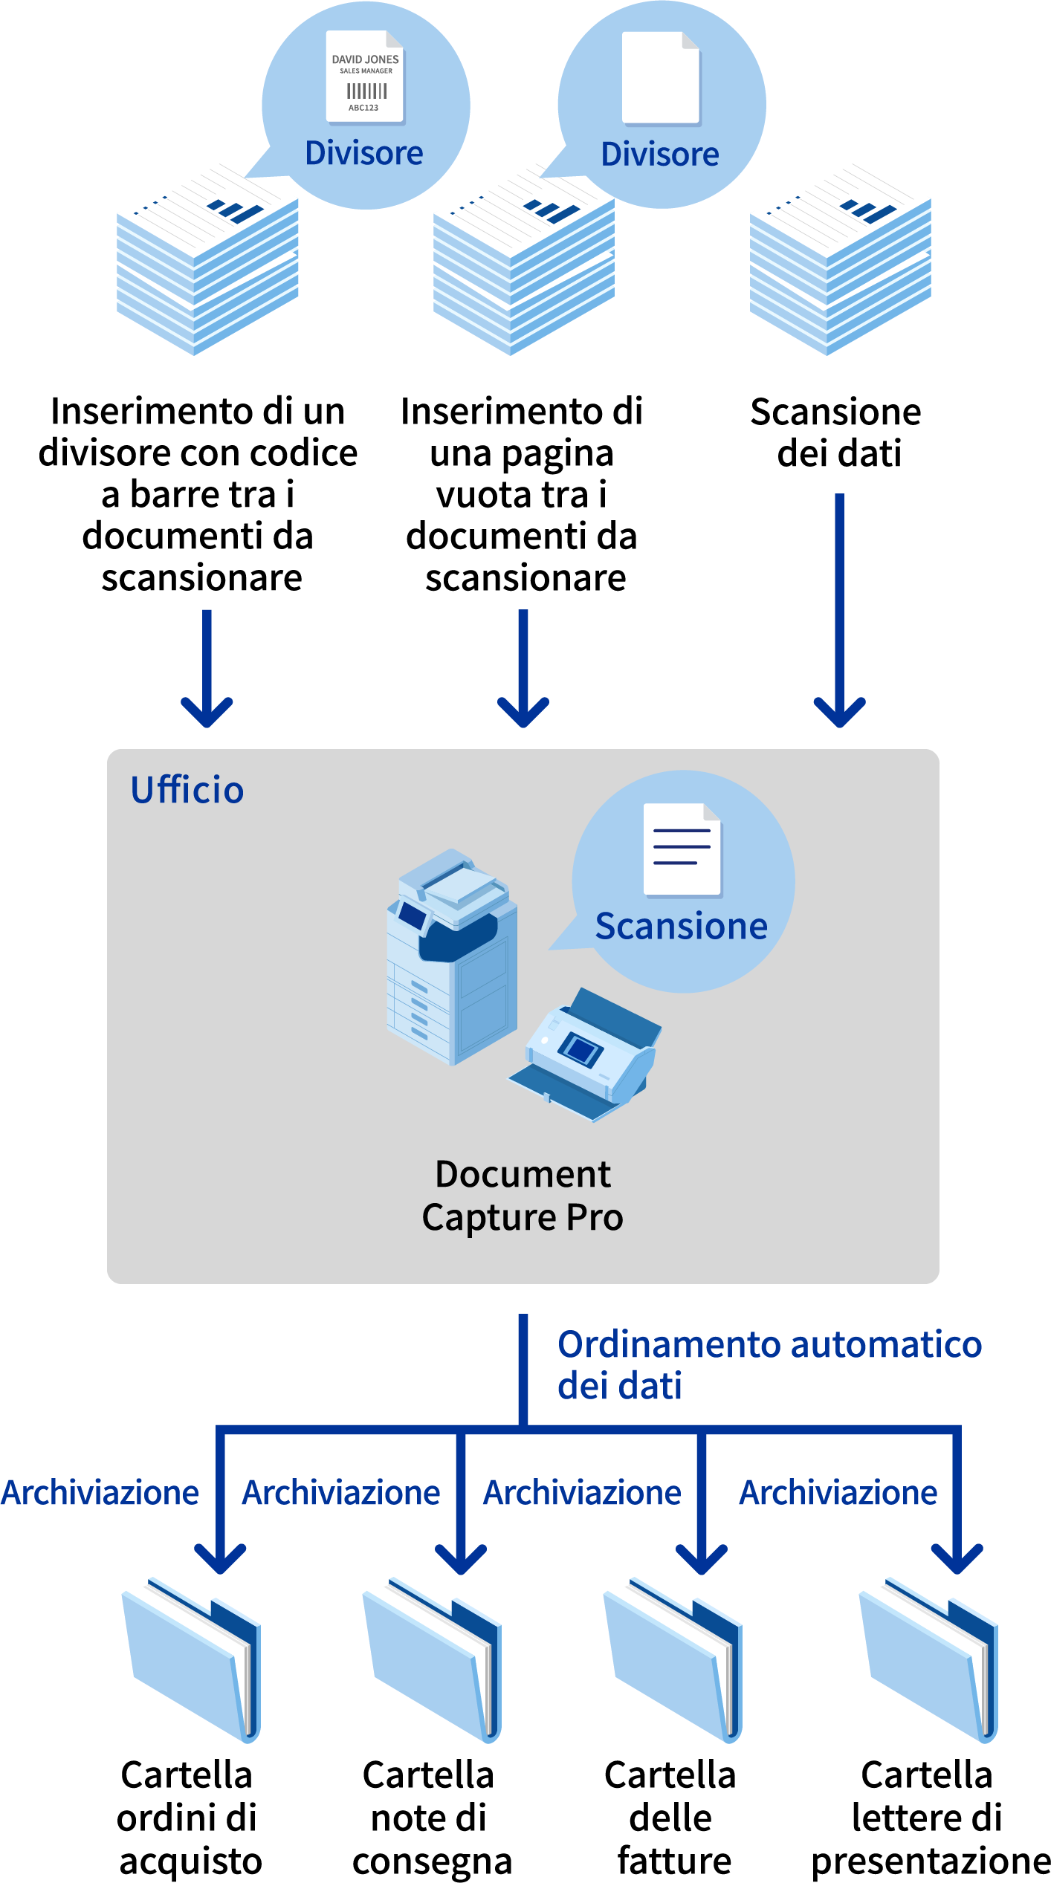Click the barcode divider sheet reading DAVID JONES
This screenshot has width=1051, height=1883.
(365, 77)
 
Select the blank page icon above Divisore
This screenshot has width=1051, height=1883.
(661, 77)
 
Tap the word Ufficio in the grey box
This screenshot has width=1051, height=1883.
(187, 790)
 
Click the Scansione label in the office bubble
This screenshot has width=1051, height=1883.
(681, 927)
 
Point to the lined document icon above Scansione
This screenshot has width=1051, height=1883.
(682, 849)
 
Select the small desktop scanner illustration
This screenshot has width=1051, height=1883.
(587, 1055)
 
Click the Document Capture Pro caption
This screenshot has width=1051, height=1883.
(523, 1196)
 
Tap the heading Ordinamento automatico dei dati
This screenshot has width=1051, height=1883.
(769, 1365)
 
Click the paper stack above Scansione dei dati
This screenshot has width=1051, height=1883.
(840, 260)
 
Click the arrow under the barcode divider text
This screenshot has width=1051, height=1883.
(207, 669)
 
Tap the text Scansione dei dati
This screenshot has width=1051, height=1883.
(837, 432)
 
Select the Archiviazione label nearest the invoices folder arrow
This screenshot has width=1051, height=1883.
(582, 1493)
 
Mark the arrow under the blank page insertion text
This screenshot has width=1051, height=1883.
(523, 669)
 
